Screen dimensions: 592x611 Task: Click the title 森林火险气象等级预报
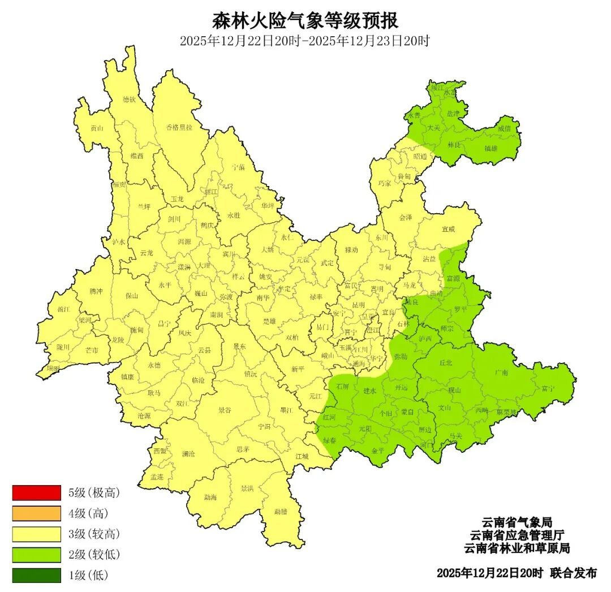pos(305,21)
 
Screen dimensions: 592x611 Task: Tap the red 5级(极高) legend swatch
pos(36,492)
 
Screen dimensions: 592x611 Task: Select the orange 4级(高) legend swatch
pos(36,513)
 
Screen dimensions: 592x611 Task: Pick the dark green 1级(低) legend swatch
pos(36,576)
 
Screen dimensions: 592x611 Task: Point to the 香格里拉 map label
pos(179,127)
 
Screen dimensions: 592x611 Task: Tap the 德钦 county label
pos(130,100)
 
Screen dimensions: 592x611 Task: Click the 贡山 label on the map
pos(97,128)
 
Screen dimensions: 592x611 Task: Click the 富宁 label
pos(548,388)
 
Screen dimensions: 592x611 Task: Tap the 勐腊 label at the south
pos(281,512)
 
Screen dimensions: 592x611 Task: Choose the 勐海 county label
pos(210,498)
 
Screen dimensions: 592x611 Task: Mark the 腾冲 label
pos(96,292)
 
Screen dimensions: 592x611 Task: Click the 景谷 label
pos(225,411)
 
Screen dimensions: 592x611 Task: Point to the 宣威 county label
pos(448,230)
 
